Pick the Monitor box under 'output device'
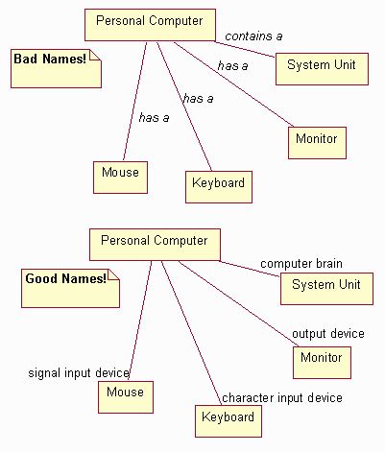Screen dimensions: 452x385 coord(321,359)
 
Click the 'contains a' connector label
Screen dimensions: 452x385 coord(253,36)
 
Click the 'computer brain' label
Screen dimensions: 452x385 coord(301,264)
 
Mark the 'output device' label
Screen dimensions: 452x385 coord(327,334)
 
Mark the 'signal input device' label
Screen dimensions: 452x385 coord(79,372)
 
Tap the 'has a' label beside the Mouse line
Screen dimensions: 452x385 coord(155,118)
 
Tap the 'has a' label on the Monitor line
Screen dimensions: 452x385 coord(233,66)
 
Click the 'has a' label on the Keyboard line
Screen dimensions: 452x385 coord(198,98)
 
